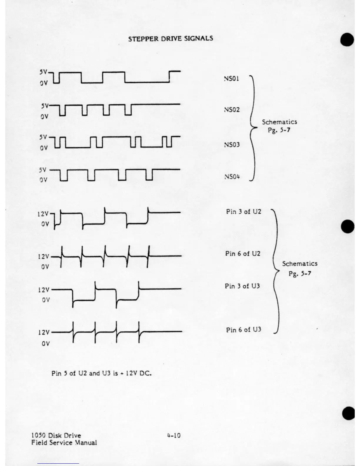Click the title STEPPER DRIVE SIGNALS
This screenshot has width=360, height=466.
tap(171, 39)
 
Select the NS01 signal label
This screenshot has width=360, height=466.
tap(231, 79)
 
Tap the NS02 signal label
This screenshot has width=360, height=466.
tap(232, 110)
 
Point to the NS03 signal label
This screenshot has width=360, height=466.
tap(232, 144)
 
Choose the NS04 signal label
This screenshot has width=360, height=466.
tap(232, 177)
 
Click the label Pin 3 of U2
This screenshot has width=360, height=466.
tap(244, 212)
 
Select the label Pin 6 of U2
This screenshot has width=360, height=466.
tap(243, 254)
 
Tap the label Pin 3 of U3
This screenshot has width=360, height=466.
tap(242, 286)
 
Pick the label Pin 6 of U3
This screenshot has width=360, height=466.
tap(244, 330)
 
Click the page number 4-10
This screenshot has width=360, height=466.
tap(174, 435)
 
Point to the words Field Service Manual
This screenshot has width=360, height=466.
tap(64, 442)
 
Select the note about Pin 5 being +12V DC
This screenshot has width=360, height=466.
tap(101, 373)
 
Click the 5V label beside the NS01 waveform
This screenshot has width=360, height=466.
tap(44, 72)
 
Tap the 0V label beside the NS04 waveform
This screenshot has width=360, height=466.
tap(44, 180)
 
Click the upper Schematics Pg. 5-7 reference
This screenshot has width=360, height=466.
tap(279, 126)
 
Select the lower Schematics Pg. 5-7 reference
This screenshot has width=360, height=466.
tap(300, 268)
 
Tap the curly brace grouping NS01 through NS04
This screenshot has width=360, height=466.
tap(252, 128)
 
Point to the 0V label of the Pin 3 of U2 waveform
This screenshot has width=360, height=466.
tap(45, 224)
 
